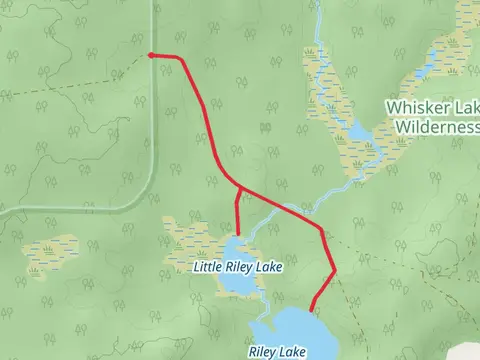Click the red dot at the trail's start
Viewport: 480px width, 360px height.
(x=150, y=55)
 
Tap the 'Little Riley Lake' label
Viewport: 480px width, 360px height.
(x=237, y=268)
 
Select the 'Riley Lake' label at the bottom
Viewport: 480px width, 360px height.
(x=277, y=352)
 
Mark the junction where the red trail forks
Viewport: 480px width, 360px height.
(x=239, y=187)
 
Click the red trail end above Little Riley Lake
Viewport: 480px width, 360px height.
(x=237, y=233)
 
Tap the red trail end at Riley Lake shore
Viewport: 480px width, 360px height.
(x=312, y=310)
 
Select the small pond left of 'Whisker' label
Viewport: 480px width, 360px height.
(x=358, y=133)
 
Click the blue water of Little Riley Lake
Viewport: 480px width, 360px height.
(x=240, y=285)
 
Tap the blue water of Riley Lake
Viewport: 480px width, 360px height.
(x=295, y=330)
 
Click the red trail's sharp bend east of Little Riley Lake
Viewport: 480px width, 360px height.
(x=334, y=270)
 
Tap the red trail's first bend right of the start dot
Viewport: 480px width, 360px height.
(x=181, y=60)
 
